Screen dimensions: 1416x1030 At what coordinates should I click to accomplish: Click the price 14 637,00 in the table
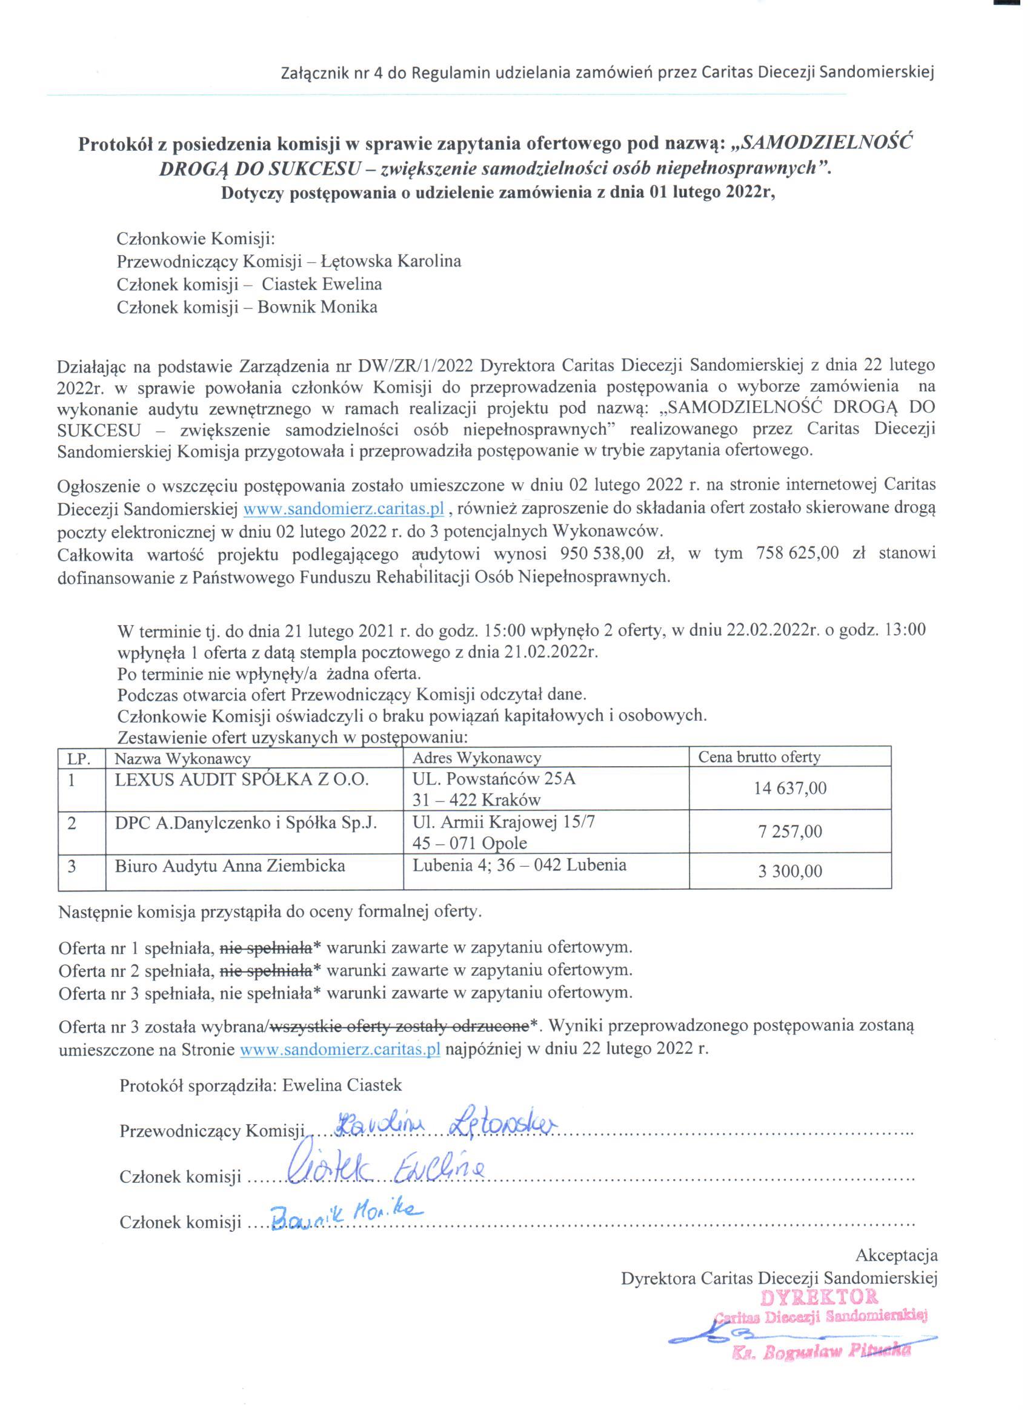click(x=789, y=788)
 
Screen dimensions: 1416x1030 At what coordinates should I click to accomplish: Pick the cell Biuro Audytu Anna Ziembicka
click(x=230, y=865)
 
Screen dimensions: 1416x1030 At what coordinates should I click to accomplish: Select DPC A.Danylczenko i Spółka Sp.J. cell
click(x=246, y=822)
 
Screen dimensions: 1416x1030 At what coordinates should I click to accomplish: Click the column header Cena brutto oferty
click(x=759, y=757)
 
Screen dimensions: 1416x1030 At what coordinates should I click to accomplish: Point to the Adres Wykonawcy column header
click(x=477, y=758)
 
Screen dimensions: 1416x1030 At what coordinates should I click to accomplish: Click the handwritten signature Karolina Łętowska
click(x=445, y=1125)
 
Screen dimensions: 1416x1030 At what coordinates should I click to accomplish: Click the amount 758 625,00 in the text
click(x=797, y=554)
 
